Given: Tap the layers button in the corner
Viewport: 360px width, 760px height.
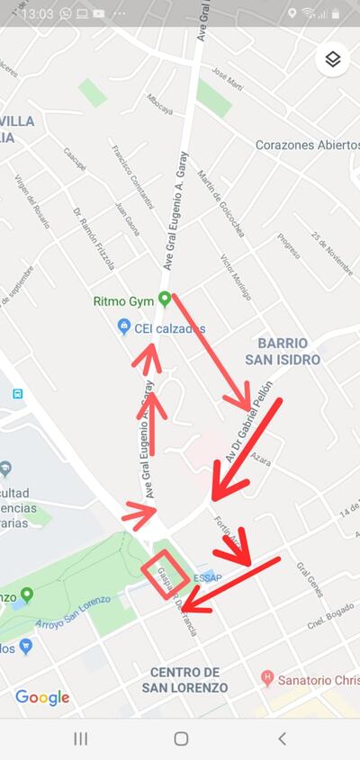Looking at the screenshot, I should pos(332,59).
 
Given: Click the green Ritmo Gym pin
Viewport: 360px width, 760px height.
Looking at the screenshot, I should pos(164,300).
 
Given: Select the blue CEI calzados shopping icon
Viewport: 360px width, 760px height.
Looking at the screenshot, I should pos(124,327).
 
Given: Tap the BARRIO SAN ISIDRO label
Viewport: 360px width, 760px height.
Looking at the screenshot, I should pos(283,351).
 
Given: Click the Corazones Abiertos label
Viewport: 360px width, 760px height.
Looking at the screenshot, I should pos(306,145).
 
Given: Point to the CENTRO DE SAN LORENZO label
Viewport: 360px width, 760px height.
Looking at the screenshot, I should pos(184,680).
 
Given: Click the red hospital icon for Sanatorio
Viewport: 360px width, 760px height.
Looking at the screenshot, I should pos(266,676).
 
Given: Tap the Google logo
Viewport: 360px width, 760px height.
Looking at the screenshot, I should pos(42,698).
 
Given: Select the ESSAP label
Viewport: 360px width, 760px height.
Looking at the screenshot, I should pos(208,577).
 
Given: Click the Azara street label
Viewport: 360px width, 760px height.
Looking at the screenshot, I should pos(261,459).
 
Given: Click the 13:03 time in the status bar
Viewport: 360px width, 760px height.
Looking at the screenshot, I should pos(36,13).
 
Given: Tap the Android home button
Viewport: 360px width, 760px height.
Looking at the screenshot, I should pos(181,738).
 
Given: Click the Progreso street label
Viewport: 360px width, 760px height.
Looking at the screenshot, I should pos(288,245).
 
